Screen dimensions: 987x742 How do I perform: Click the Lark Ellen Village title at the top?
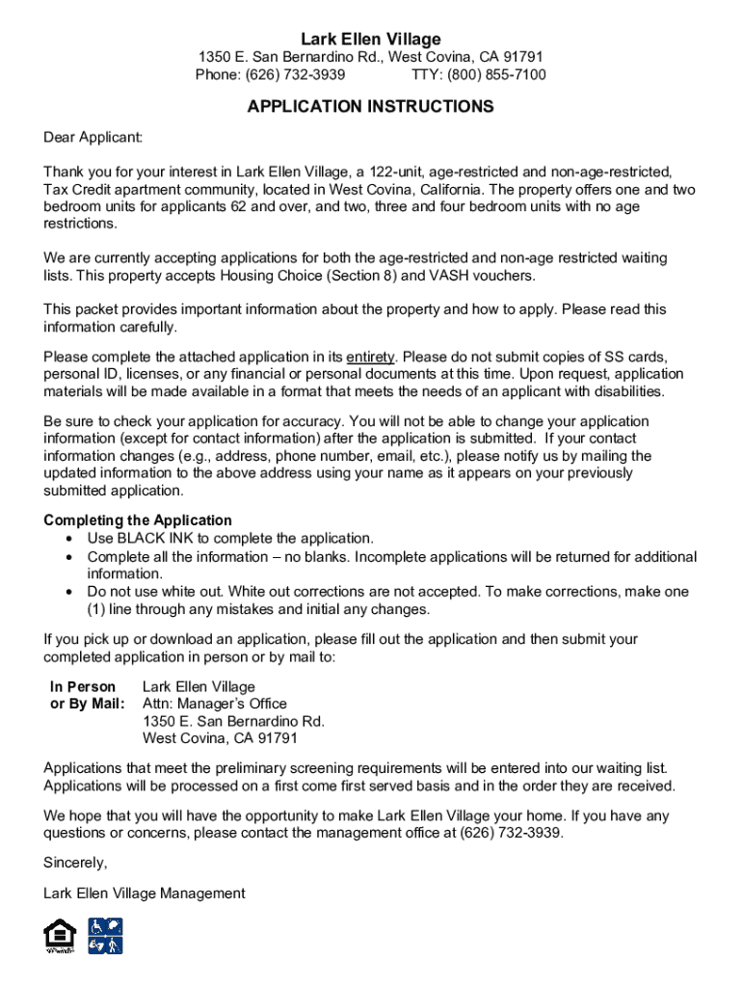coord(370,39)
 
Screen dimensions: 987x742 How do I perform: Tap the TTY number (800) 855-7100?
coord(492,75)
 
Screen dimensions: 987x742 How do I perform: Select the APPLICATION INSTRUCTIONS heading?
coord(370,107)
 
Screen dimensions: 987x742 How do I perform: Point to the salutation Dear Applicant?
coord(93,139)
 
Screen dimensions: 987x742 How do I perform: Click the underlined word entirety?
coord(370,357)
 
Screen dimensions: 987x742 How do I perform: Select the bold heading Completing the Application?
coord(138,520)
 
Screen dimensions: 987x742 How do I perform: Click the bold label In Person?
coord(83,687)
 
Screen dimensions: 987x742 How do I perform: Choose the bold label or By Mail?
coord(87,705)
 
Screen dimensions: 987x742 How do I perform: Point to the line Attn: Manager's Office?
coord(215,705)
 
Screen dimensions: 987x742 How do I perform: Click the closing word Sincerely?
coord(75,862)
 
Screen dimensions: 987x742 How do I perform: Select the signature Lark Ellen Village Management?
coord(145,894)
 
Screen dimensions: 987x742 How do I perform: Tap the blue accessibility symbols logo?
coord(105,936)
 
